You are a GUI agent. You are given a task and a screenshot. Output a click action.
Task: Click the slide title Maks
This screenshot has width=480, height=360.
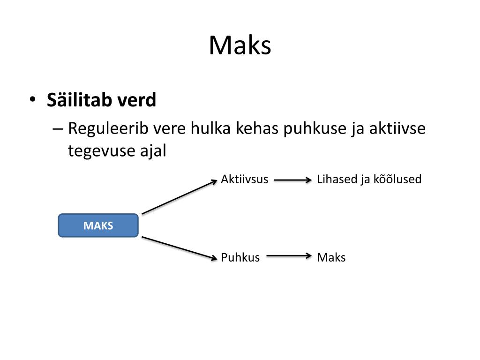click(x=240, y=46)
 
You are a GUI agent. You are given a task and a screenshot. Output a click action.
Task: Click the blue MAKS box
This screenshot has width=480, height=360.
click(x=98, y=225)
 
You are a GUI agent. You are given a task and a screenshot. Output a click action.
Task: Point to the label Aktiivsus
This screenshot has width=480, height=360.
click(x=244, y=179)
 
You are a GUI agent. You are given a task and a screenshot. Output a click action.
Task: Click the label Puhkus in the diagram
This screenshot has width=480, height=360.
click(x=240, y=257)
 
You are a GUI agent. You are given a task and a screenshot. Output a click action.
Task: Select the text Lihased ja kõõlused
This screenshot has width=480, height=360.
click(x=369, y=179)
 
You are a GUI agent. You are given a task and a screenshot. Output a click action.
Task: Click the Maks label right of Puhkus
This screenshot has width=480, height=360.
click(x=331, y=257)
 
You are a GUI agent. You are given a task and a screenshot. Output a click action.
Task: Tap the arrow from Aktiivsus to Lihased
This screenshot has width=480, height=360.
click(x=292, y=180)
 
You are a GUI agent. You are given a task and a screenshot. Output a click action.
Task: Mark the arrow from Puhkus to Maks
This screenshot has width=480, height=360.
click(x=288, y=256)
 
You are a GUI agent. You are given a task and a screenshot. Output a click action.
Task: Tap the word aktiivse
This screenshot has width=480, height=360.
click(x=397, y=128)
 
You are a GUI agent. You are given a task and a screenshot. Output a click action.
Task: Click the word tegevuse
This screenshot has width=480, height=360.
click(x=96, y=151)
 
